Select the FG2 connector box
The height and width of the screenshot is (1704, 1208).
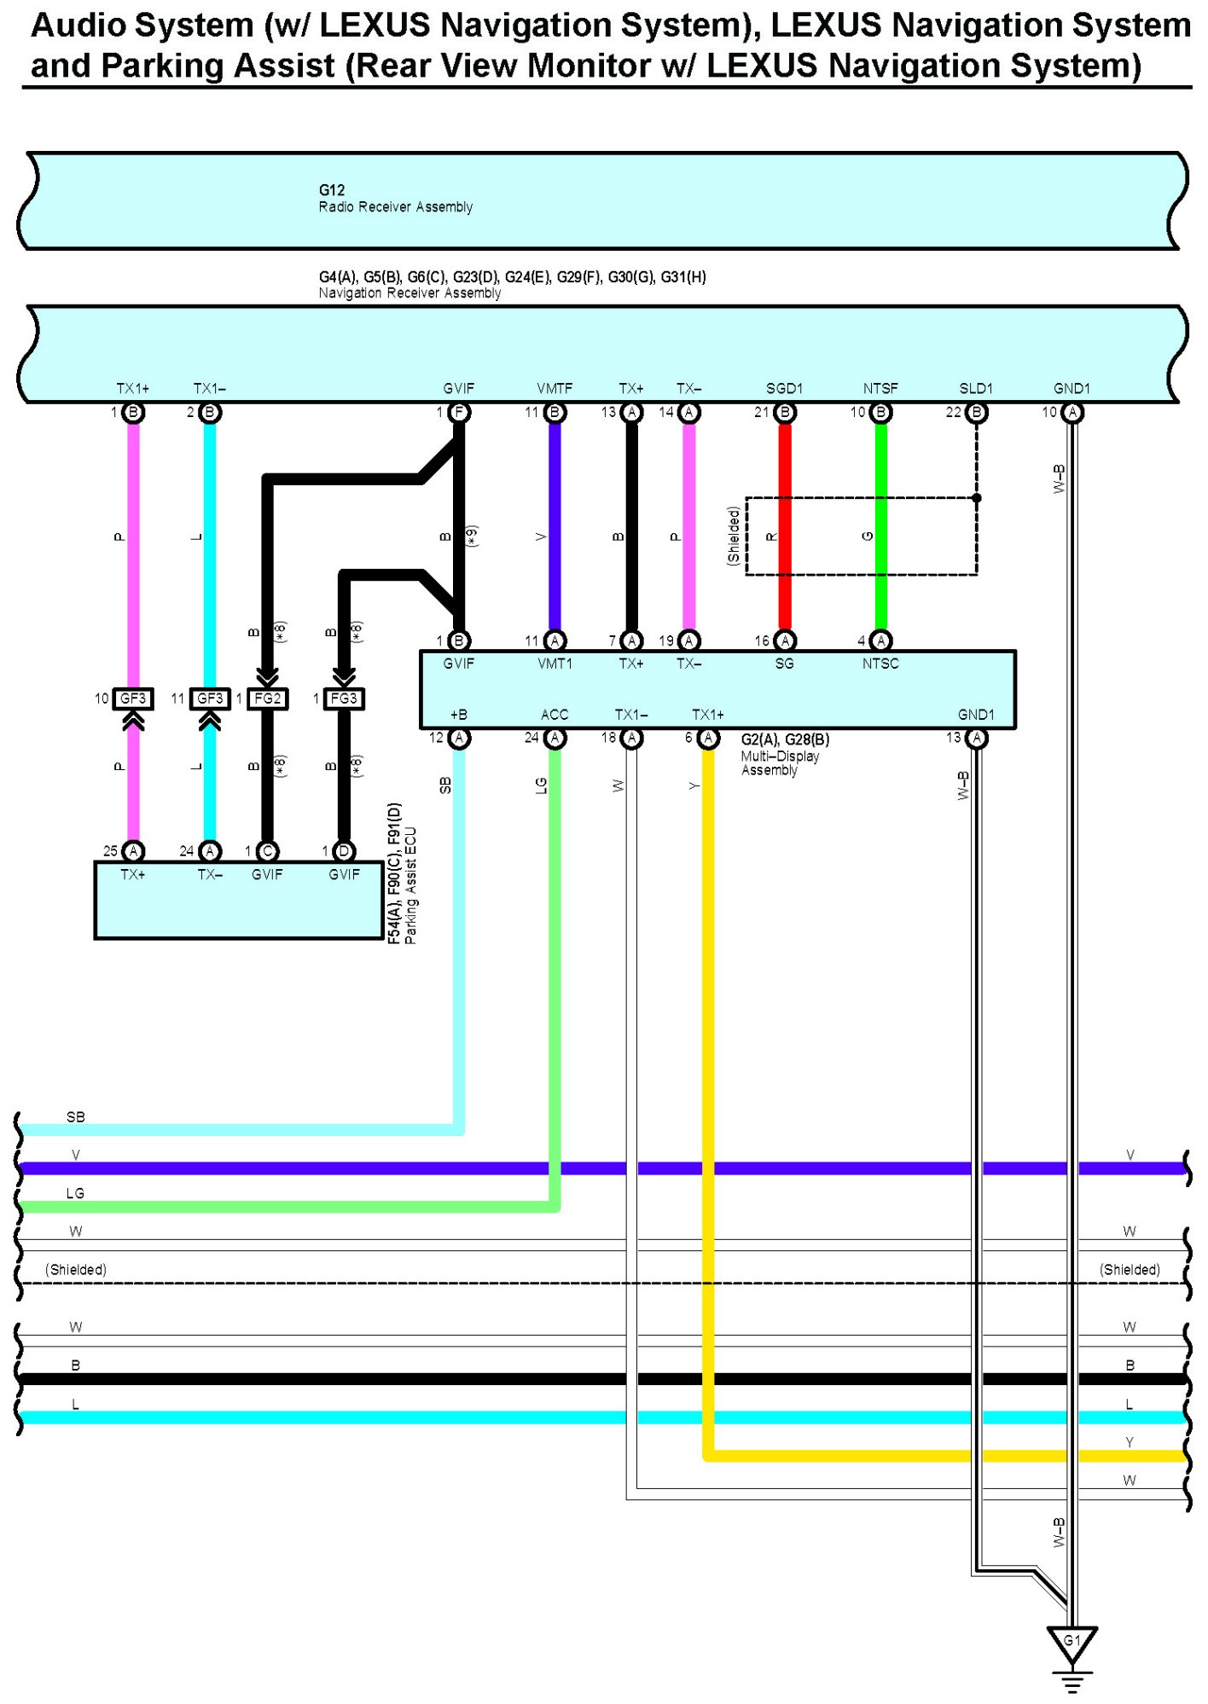tap(267, 698)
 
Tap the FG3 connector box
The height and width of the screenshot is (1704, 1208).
tap(344, 698)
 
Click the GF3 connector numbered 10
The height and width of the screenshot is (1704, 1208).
tap(133, 698)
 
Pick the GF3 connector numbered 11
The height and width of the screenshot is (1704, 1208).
tap(210, 698)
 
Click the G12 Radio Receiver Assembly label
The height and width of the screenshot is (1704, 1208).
tap(395, 199)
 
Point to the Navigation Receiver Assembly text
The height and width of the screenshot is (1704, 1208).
tap(409, 293)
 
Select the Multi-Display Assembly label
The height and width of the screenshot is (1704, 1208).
tap(780, 762)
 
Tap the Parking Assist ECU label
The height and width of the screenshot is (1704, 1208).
tap(410, 885)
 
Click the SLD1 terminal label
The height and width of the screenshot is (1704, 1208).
tap(976, 389)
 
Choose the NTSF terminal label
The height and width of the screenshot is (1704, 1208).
tap(880, 389)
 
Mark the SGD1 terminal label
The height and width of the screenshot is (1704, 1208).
tap(784, 389)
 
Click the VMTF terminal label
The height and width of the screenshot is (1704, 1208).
tap(555, 389)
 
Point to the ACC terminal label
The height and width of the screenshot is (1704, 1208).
tap(555, 715)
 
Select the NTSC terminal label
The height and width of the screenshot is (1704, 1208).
tap(880, 664)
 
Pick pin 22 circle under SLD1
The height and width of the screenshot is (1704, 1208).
tap(977, 413)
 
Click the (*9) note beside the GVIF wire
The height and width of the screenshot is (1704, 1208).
tap(472, 536)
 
